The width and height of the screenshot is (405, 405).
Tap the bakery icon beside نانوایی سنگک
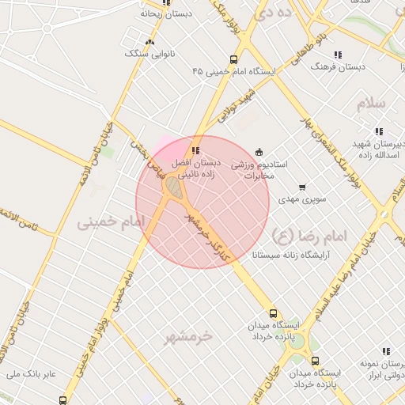click(150, 42)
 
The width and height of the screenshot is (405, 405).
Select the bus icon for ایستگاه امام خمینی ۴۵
click(233, 59)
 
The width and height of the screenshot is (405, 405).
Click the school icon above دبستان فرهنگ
click(338, 55)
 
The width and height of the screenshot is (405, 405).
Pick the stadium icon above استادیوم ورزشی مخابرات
click(259, 152)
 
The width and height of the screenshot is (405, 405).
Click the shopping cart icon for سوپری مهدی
click(302, 187)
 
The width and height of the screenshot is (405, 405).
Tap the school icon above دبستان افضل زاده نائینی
click(195, 150)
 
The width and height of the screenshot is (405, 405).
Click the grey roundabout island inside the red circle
click(173, 187)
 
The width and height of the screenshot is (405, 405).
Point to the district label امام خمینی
click(108, 224)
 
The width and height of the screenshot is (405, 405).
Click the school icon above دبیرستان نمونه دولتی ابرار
click(385, 350)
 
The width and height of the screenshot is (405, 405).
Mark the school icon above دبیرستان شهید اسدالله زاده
click(379, 131)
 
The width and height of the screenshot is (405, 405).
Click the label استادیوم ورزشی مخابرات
click(259, 170)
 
